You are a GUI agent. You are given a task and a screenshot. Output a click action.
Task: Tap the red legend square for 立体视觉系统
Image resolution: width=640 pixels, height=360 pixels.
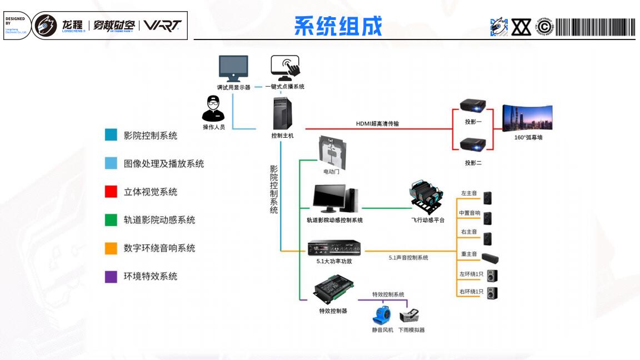[111, 192]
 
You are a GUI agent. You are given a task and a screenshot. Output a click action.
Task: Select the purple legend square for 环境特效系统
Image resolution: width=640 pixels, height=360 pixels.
[111, 276]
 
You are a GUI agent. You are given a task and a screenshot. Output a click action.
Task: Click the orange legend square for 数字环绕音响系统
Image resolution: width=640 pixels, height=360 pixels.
[111, 248]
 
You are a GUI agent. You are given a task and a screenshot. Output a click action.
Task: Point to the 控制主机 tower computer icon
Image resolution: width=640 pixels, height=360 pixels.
[283, 114]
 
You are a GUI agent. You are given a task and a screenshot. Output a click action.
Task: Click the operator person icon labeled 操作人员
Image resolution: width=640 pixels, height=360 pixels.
[213, 108]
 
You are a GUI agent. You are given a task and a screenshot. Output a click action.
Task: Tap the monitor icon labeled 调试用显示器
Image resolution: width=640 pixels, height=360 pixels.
[233, 68]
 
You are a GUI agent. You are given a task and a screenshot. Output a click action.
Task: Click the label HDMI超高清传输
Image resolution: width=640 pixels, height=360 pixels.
[377, 123]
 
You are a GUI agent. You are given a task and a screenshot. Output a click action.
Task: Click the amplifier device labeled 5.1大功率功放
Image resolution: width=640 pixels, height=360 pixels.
[334, 247]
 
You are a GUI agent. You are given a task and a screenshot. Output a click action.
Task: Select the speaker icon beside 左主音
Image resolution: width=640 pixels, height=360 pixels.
[487, 198]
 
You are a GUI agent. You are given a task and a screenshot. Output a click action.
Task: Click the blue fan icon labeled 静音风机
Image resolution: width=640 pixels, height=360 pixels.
[382, 315]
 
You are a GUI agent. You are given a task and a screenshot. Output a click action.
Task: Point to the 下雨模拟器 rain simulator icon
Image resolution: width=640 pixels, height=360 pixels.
[411, 316]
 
